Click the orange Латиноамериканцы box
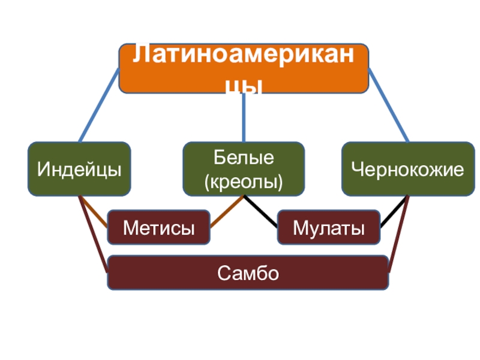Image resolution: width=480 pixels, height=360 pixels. pyautogui.click(x=243, y=68)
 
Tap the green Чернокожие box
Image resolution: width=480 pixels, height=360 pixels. pyautogui.click(x=407, y=169)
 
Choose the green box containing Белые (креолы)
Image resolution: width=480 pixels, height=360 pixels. pyautogui.click(x=243, y=169)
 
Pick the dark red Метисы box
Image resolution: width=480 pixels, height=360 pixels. pyautogui.click(x=158, y=227)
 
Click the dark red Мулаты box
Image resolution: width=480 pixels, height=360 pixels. pyautogui.click(x=328, y=227)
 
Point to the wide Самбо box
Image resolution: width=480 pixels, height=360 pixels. pyautogui.click(x=248, y=273)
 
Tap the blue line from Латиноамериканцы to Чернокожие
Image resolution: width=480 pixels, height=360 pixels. pyautogui.click(x=388, y=105)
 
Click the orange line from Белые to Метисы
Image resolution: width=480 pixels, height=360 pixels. pyautogui.click(x=226, y=212)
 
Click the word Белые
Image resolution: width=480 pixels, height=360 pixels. pyautogui.click(x=244, y=159)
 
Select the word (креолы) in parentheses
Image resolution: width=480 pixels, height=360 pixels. pyautogui.click(x=244, y=180)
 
